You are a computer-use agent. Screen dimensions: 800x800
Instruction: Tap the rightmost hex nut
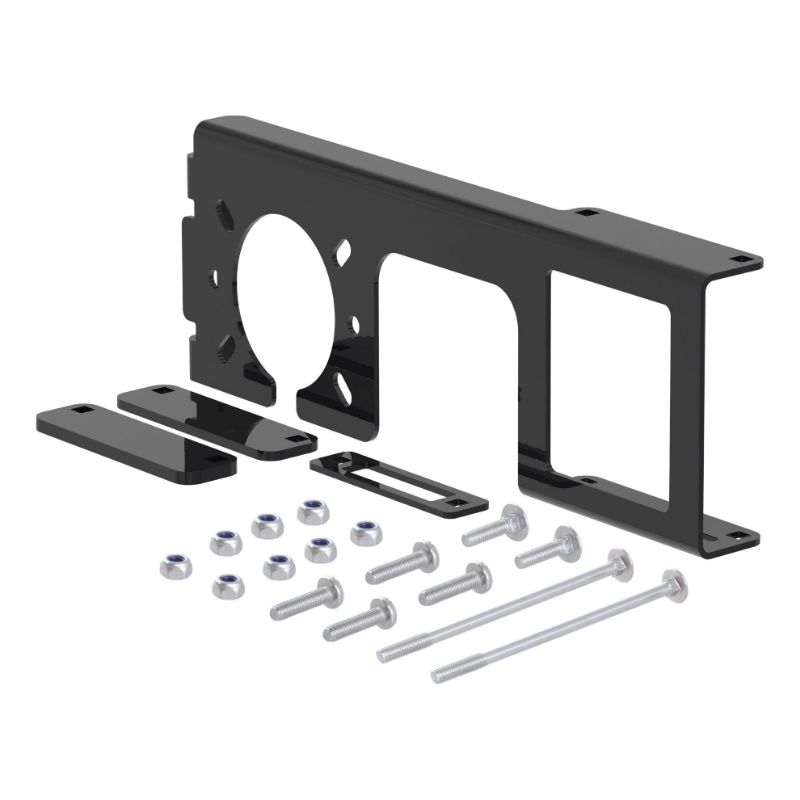click(x=366, y=532)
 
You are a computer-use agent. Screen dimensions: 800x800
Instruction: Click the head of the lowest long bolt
click(x=673, y=583)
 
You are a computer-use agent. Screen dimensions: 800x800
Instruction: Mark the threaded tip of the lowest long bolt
click(x=442, y=674)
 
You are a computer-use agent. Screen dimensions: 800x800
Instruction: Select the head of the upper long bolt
click(x=620, y=563)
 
